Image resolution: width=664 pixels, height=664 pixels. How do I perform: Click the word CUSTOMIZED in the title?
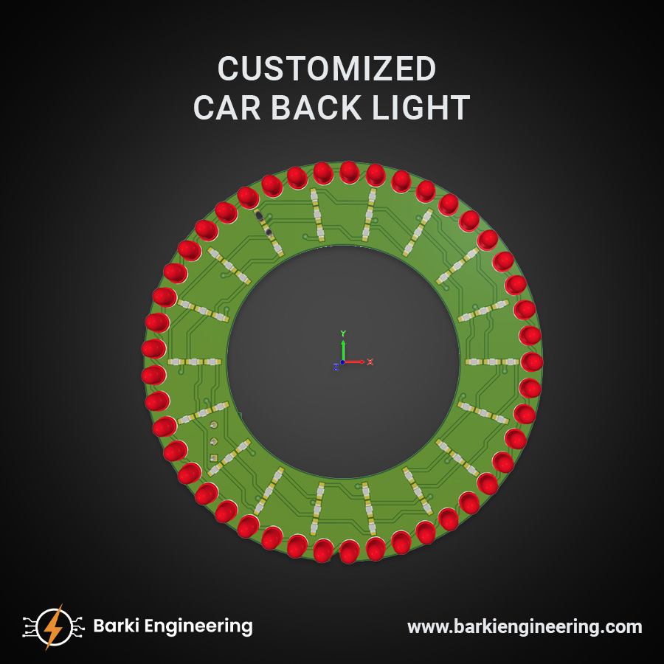[327, 69]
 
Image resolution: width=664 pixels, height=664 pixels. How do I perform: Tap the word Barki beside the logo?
[117, 626]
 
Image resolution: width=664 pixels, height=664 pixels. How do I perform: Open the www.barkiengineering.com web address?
[525, 627]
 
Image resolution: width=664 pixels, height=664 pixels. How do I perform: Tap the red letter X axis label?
[370, 362]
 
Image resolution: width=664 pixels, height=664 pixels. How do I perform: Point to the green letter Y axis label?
[343, 333]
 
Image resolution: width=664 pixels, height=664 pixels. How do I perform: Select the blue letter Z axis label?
[336, 367]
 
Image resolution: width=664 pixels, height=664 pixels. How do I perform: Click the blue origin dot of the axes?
[343, 362]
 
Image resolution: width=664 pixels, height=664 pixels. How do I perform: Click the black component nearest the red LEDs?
[259, 215]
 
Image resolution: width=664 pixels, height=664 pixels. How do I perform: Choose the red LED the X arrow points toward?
[531, 362]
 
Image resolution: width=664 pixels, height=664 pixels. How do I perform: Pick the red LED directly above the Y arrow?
[349, 173]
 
